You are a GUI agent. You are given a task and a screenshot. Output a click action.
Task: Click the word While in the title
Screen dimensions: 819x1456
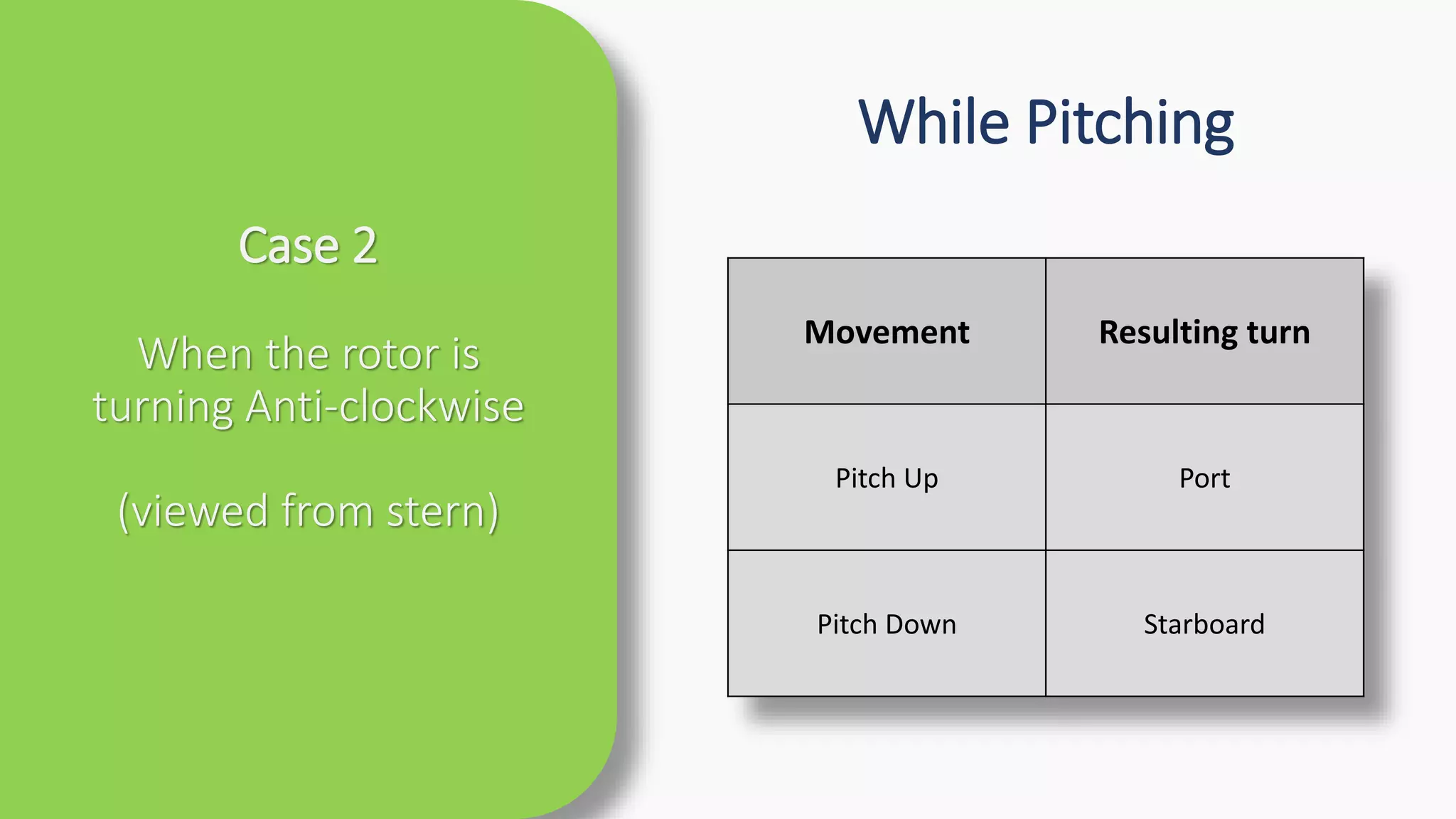pyautogui.click(x=933, y=122)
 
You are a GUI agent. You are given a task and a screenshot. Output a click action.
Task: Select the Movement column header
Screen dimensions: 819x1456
pyautogui.click(x=887, y=332)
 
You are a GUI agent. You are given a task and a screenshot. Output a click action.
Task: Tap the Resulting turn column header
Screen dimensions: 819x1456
pyautogui.click(x=1204, y=332)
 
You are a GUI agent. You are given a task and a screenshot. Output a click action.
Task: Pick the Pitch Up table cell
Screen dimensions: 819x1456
pyautogui.click(x=887, y=478)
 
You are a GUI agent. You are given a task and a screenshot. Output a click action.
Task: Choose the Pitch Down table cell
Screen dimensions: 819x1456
pyautogui.click(x=887, y=624)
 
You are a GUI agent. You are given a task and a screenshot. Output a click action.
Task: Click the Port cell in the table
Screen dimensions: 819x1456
pyautogui.click(x=1204, y=478)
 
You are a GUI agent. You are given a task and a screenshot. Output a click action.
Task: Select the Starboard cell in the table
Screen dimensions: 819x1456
pyautogui.click(x=1204, y=624)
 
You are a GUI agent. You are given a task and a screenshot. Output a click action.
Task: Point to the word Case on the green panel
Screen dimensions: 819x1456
pyautogui.click(x=289, y=246)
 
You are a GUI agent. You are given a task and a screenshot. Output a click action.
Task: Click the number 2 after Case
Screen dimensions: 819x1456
pyautogui.click(x=365, y=246)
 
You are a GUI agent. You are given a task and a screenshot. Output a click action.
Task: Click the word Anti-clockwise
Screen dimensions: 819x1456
pyautogui.click(x=385, y=407)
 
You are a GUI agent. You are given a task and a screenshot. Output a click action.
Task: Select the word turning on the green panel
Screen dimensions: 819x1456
pyautogui.click(x=163, y=408)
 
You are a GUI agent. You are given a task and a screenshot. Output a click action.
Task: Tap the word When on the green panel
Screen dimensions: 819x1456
pyautogui.click(x=184, y=354)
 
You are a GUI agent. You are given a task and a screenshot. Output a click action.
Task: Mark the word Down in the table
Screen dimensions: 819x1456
pyautogui.click(x=921, y=624)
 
